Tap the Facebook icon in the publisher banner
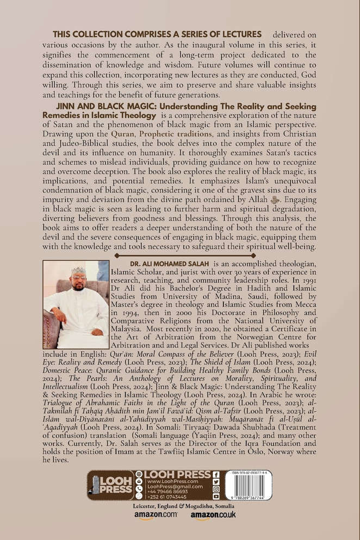click(216, 474)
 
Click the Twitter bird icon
click(216, 481)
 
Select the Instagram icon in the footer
click(216, 489)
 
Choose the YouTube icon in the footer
click(216, 496)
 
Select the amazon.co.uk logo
click(213, 516)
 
